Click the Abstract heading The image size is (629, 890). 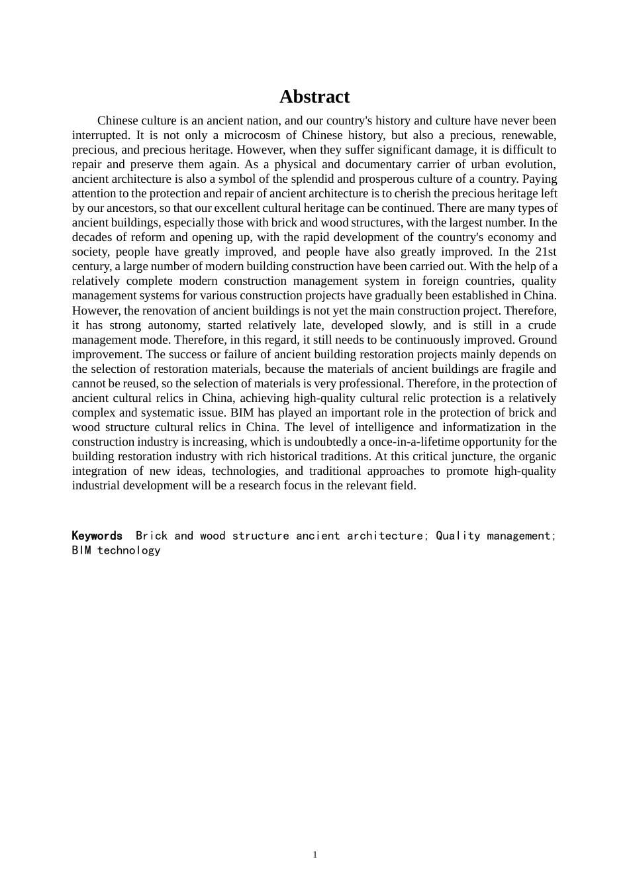coord(314,97)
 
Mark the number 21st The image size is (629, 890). coord(545,252)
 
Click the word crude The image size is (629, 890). coord(542,325)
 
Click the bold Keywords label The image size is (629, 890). coord(97,536)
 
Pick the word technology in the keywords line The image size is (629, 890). coord(129,550)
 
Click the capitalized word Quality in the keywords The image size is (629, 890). coord(458,536)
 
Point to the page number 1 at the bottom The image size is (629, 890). coord(315,854)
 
